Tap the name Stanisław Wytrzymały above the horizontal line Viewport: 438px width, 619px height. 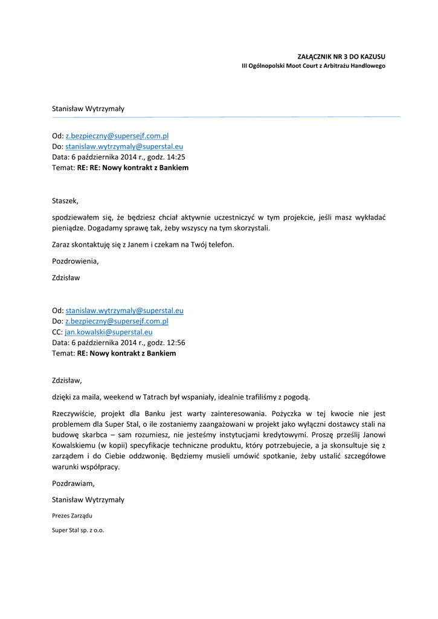88,109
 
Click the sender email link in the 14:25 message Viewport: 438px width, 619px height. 117,137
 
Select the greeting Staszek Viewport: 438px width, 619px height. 65,201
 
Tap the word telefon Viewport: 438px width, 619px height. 219,245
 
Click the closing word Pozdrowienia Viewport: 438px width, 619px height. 74,262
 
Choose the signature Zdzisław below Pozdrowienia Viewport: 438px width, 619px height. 66,278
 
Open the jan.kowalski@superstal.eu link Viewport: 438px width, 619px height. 108,332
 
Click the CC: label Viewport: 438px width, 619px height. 57,332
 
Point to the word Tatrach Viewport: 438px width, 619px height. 159,397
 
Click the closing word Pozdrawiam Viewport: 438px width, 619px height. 73,484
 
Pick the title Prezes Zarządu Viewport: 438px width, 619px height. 72,516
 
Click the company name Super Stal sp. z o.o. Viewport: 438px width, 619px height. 78,530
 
